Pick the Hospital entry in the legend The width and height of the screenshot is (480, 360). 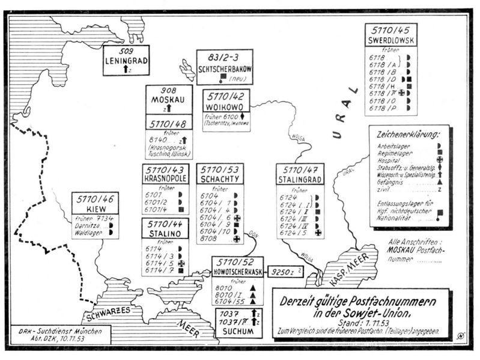(x=390, y=161)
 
